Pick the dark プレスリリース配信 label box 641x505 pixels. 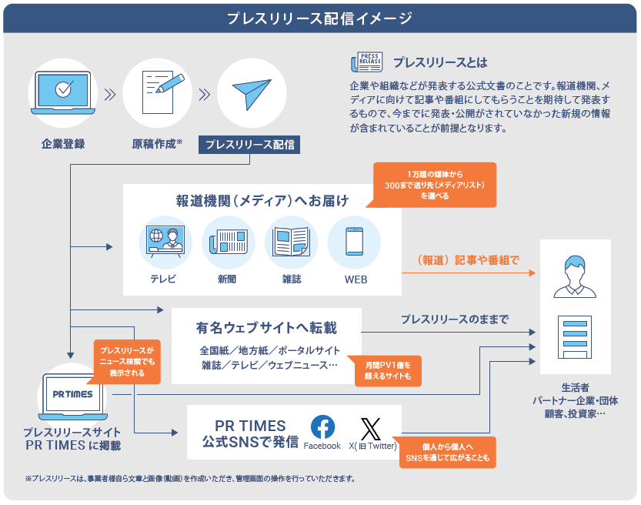[249, 145]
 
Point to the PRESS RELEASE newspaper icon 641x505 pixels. [367, 62]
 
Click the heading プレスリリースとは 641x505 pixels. [440, 62]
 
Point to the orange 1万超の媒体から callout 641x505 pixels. [434, 185]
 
